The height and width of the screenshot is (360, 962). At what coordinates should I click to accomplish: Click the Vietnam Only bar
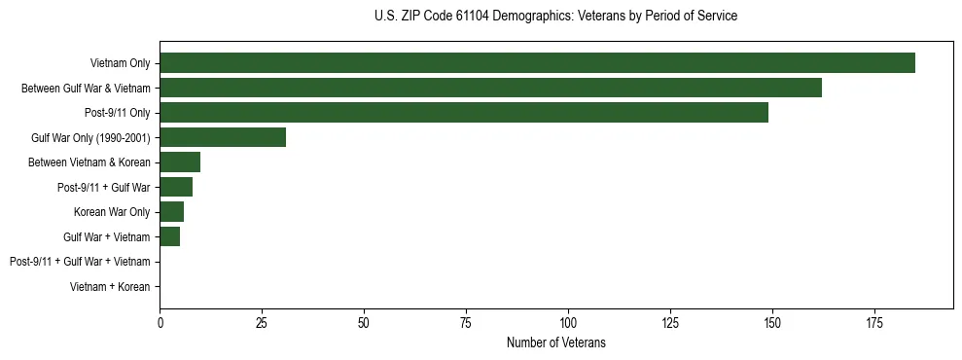tap(537, 63)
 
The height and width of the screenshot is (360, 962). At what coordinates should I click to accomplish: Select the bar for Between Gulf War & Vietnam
tap(490, 88)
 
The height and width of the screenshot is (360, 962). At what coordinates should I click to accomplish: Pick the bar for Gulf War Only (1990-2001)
tap(223, 137)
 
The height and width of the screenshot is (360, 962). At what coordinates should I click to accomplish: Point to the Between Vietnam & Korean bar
tap(180, 162)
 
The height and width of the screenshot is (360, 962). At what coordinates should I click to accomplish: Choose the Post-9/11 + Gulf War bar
tap(176, 187)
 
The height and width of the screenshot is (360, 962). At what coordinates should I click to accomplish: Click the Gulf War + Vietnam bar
tap(170, 236)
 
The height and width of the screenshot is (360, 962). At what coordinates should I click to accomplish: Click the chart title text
tap(555, 17)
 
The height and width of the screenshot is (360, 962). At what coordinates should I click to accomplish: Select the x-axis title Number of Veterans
tap(555, 342)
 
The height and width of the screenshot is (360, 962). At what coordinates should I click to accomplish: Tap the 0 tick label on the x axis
tap(160, 322)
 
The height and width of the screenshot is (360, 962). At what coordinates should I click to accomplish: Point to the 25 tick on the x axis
tap(262, 322)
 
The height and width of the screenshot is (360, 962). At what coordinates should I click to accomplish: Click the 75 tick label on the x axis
tap(466, 322)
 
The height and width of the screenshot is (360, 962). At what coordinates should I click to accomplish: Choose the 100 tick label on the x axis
tap(568, 322)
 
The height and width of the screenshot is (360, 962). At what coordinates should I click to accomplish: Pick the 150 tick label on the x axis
tap(772, 322)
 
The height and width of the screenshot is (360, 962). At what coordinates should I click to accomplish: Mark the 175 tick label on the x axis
tap(874, 322)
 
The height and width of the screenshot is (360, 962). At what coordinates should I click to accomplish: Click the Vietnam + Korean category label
tap(110, 286)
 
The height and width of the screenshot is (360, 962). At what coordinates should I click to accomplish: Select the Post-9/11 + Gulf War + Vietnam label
tap(80, 262)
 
